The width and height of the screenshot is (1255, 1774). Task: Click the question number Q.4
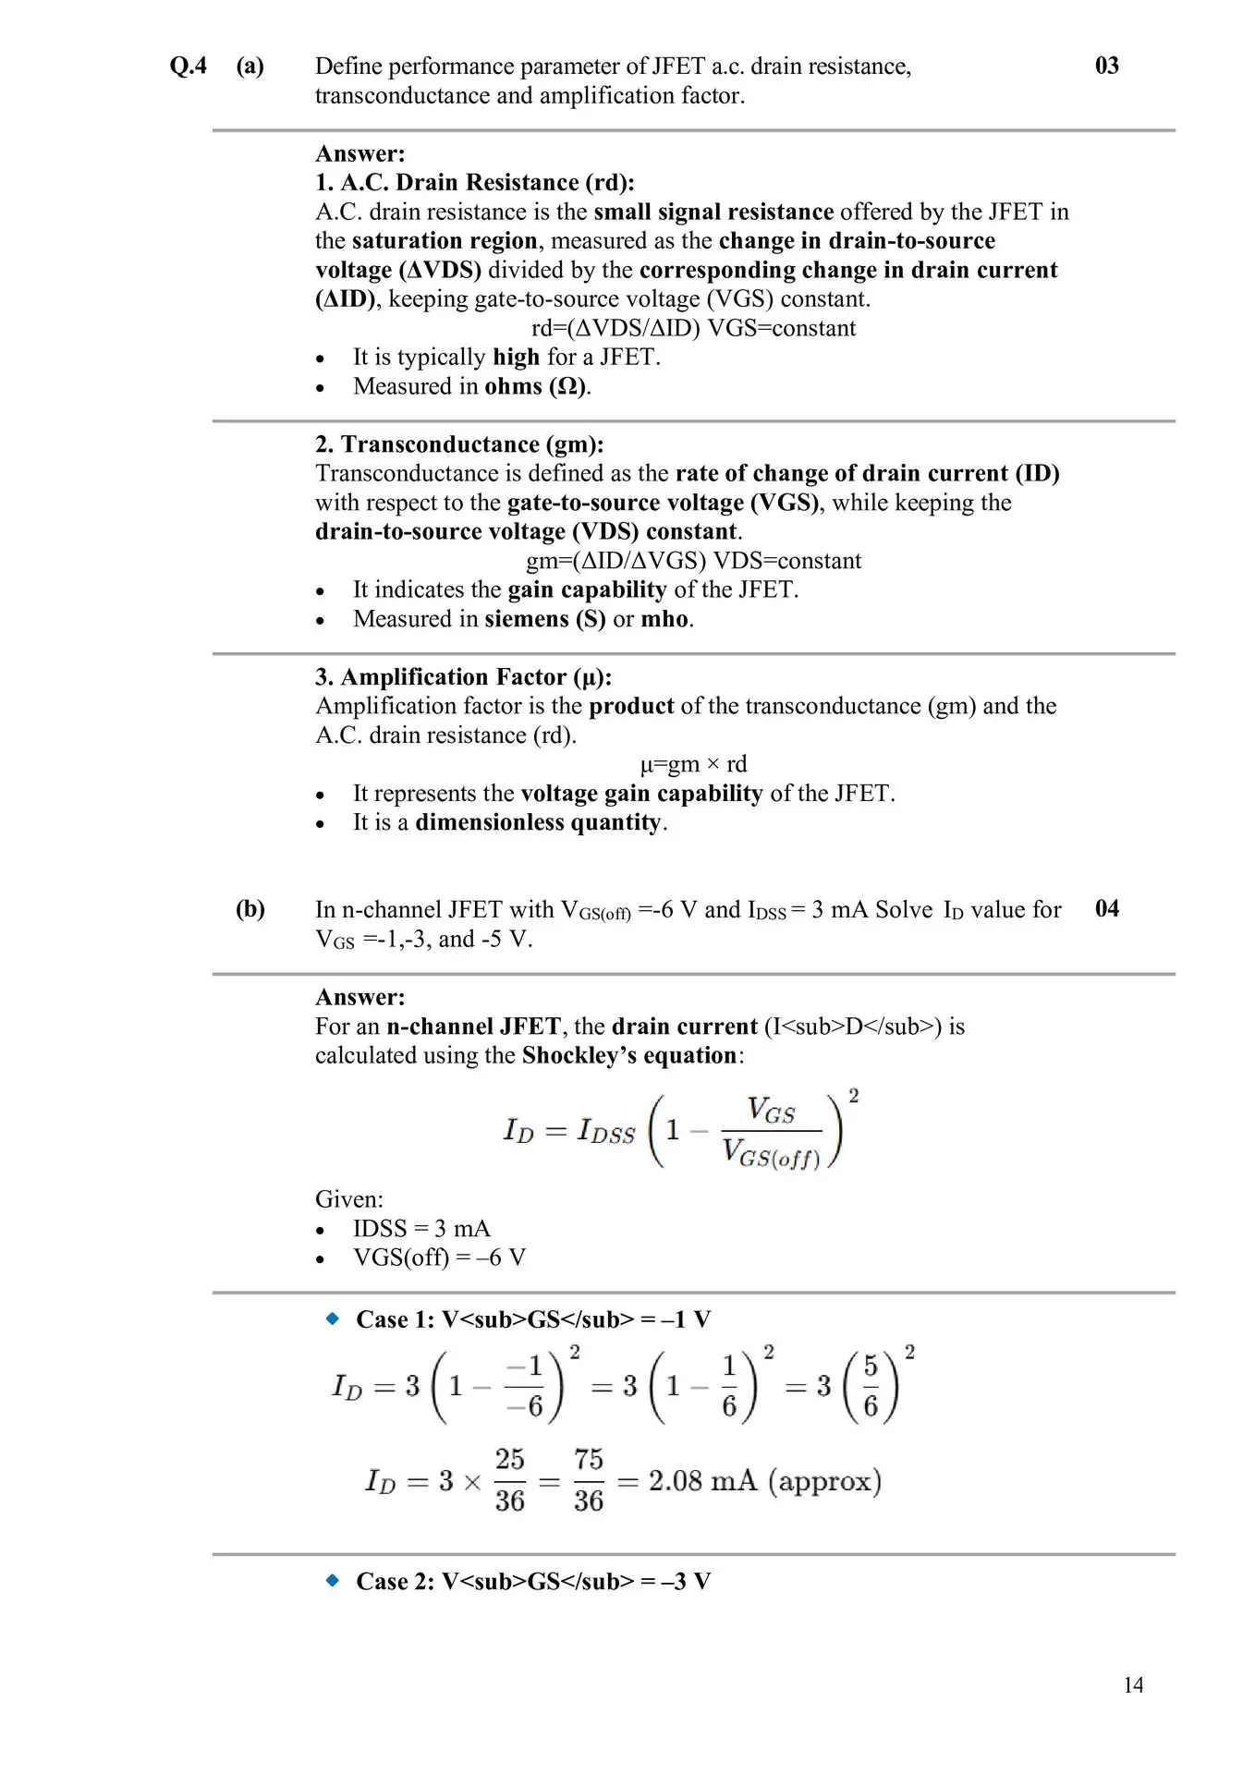[x=189, y=67]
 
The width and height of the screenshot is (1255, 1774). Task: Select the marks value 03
[x=1106, y=66]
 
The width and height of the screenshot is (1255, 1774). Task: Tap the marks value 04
[x=1106, y=909]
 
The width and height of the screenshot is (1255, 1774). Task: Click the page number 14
[x=1133, y=1685]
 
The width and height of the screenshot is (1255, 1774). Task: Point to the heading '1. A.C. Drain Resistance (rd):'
[x=475, y=183]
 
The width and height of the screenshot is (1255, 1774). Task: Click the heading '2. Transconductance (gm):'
[x=459, y=444]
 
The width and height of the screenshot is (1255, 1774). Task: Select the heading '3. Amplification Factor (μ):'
[x=463, y=677]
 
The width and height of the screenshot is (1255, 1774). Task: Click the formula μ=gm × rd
[x=693, y=765]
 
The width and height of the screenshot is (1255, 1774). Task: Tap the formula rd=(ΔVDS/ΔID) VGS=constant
[x=693, y=329]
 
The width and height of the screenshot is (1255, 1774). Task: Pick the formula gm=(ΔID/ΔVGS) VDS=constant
[x=693, y=562]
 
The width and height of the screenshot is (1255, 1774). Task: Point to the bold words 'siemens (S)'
[x=544, y=619]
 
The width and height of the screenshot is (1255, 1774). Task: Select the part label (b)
[x=250, y=909]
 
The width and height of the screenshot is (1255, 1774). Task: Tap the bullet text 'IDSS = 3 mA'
[x=421, y=1229]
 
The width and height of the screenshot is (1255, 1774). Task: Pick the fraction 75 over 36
[x=588, y=1481]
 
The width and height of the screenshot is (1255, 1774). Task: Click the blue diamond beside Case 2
[x=333, y=1581]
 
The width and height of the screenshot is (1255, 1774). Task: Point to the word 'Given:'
[x=348, y=1200]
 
